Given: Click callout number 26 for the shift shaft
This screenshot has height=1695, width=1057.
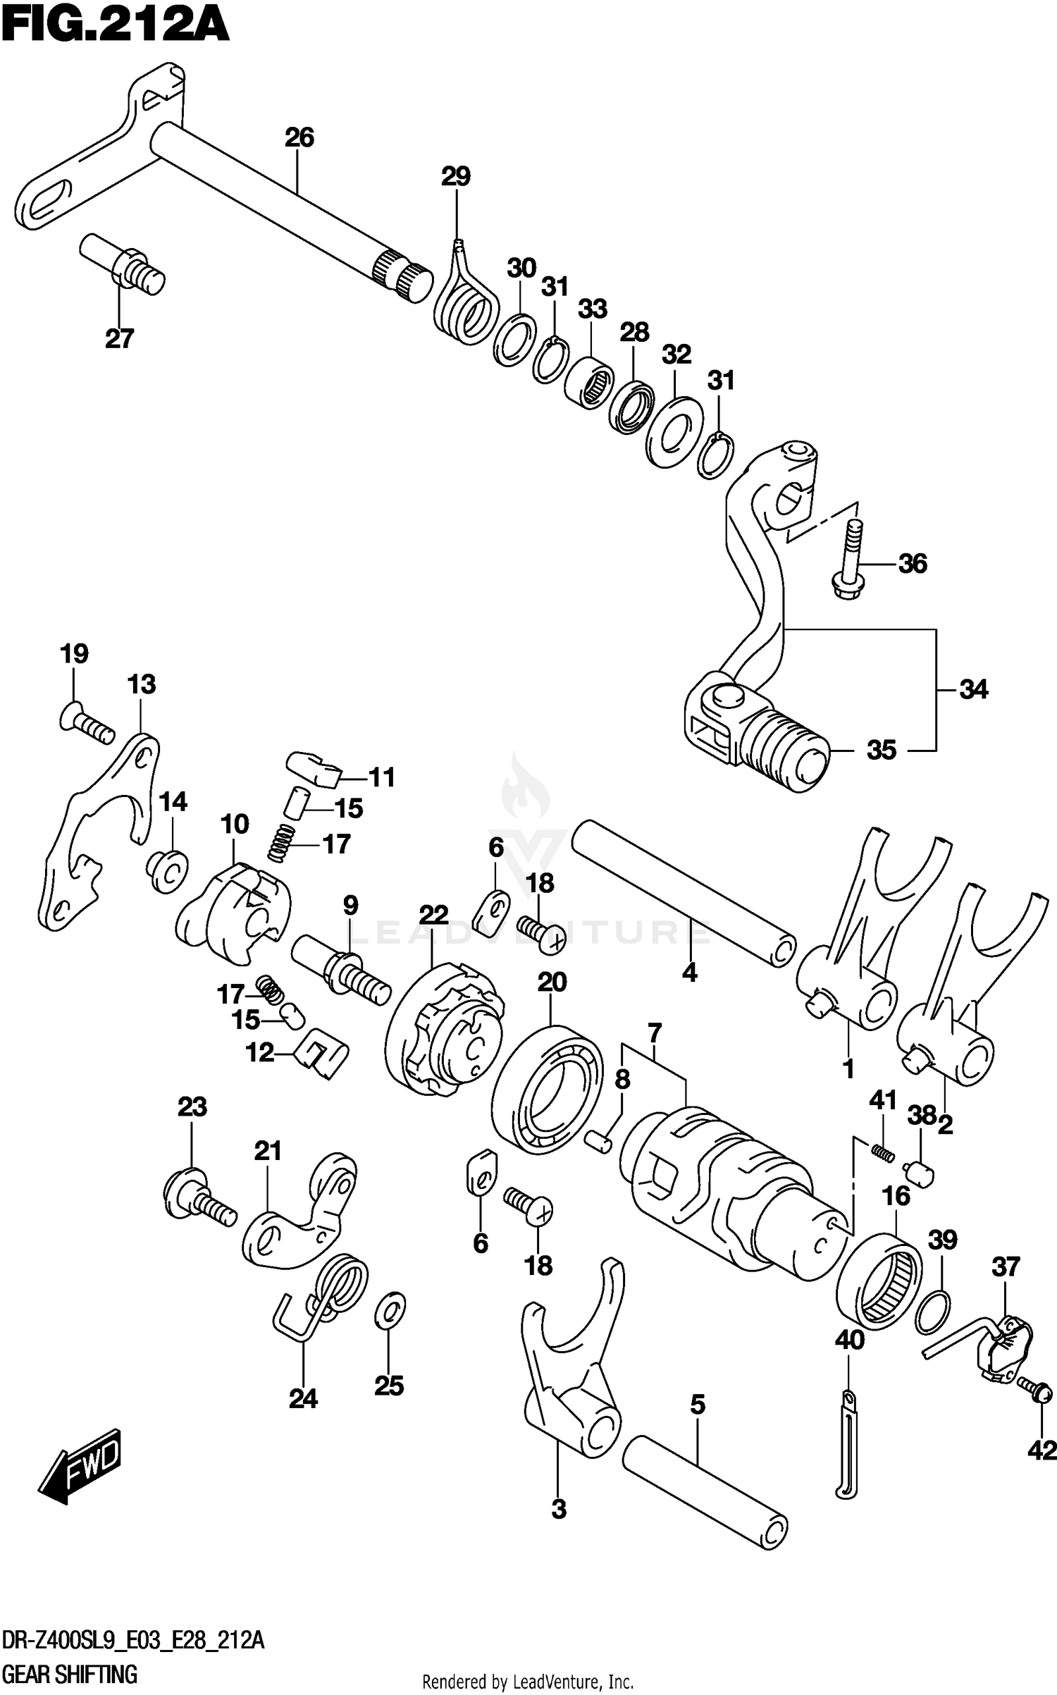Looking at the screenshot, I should click(x=299, y=137).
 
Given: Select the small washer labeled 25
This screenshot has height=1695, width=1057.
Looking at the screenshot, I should click(x=390, y=1308).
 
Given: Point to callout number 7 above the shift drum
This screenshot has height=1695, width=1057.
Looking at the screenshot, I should click(x=655, y=1034).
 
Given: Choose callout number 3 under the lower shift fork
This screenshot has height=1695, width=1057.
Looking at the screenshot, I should click(x=559, y=1510).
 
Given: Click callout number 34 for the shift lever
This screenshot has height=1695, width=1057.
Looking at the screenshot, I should click(x=973, y=689).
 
